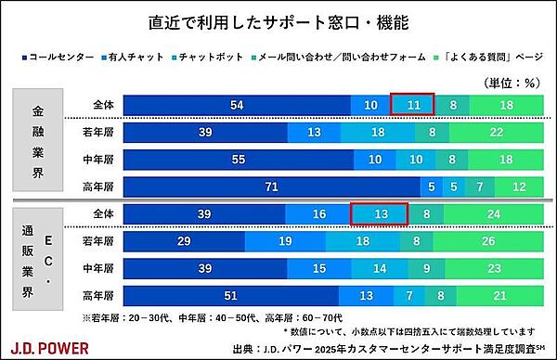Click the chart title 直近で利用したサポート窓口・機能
click(x=278, y=19)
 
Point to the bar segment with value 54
click(x=237, y=106)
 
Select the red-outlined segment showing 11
click(x=412, y=106)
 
